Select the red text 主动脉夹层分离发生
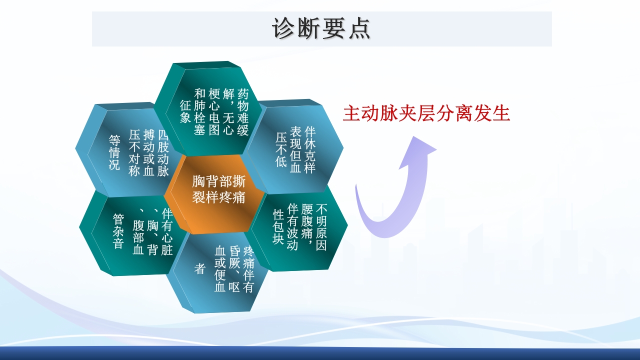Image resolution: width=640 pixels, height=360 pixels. pos(426,113)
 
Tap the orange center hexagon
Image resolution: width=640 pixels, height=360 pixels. pos(218,190)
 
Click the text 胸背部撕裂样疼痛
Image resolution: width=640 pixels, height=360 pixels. pos(218,189)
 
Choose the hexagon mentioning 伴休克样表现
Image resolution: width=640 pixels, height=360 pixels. pos(296,149)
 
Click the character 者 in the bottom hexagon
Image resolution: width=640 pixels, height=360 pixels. pos(200,269)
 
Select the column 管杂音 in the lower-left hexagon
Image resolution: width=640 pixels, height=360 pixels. pos(118,231)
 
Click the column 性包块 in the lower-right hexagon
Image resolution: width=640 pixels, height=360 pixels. pos(278,226)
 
